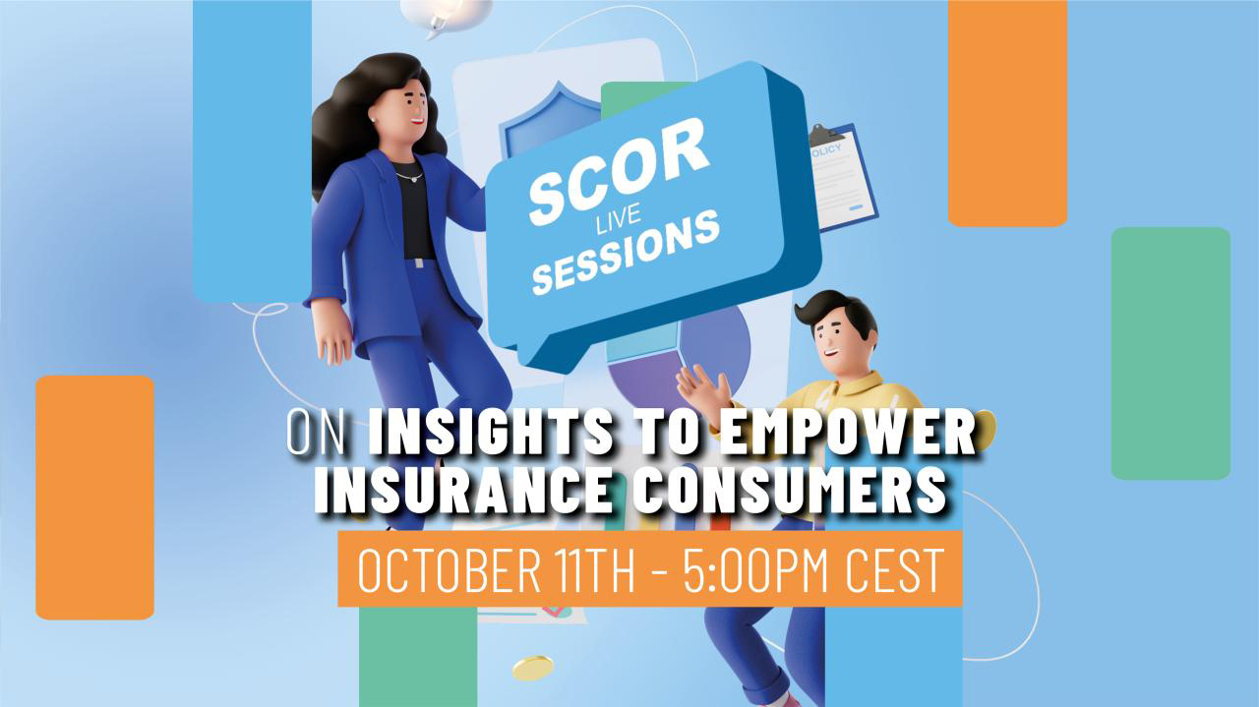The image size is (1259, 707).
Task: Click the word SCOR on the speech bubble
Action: click(x=619, y=170)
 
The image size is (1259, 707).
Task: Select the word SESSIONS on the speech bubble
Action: click(x=626, y=253)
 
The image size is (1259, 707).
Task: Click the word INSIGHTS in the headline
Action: click(x=490, y=434)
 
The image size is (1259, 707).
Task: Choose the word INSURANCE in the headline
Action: click(x=463, y=490)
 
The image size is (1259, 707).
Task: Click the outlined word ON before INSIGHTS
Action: click(x=316, y=434)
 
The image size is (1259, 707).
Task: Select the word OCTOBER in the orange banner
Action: click(x=448, y=568)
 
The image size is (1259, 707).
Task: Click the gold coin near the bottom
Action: click(x=533, y=668)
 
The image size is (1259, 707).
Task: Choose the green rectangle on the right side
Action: click(x=1170, y=353)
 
